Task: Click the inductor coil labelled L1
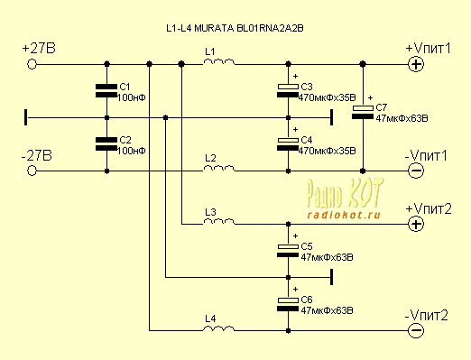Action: pos(219,62)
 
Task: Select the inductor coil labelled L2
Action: pos(219,169)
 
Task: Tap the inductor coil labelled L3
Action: pos(219,222)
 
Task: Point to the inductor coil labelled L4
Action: pos(219,328)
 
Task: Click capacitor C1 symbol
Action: pos(106,90)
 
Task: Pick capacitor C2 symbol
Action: pos(106,143)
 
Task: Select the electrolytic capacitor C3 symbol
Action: pos(288,90)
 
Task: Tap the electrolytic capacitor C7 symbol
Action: pos(363,112)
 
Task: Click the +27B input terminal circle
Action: pos(32,64)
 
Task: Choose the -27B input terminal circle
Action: pos(32,171)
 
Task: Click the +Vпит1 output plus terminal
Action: pos(416,64)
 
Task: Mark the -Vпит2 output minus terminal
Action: pos(416,330)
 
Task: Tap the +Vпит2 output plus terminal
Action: pos(416,224)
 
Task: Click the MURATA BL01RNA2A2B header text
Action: pos(249,28)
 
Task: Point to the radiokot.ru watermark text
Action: pos(344,215)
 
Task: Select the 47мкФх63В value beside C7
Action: pos(402,118)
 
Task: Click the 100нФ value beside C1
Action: pos(131,97)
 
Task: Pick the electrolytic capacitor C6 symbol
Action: pos(288,304)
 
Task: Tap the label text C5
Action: pos(307,246)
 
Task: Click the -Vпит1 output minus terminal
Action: pos(416,171)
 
